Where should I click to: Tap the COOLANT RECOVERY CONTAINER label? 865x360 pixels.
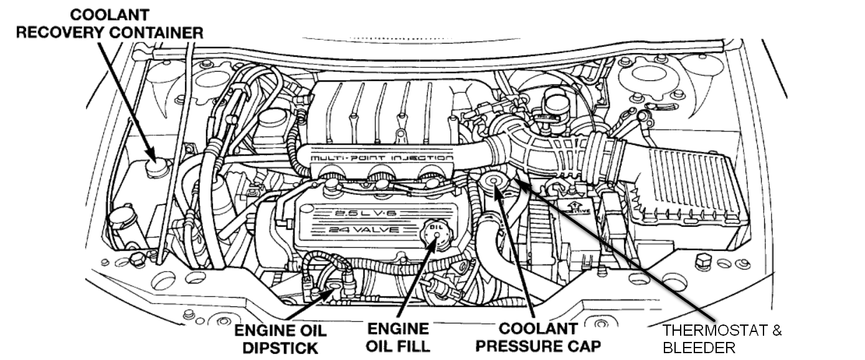point(110,24)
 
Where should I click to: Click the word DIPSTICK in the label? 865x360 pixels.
point(280,347)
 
